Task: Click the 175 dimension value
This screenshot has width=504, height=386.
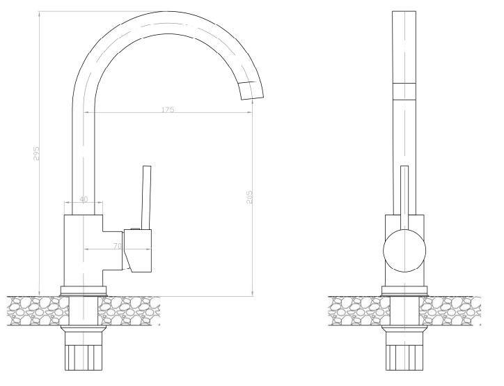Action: [168, 109]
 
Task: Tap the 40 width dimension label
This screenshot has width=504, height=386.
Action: [83, 200]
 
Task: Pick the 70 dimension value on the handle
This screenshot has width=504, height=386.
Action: [118, 246]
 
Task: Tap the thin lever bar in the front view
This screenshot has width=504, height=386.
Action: [404, 196]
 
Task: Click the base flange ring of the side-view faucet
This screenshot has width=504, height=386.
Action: [84, 290]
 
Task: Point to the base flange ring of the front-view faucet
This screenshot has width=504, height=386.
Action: [404, 290]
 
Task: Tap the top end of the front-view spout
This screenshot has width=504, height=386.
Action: [404, 14]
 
